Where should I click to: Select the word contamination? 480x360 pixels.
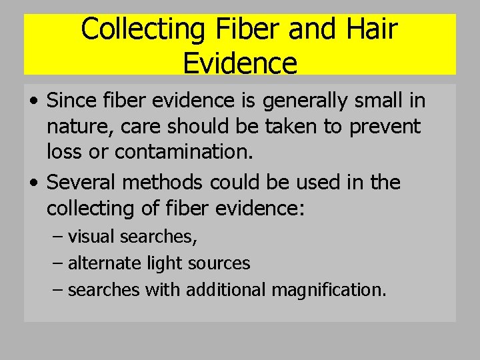click(184, 152)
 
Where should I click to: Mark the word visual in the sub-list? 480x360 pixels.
click(92, 237)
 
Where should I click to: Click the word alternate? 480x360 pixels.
click(104, 263)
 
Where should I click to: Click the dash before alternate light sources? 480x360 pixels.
click(58, 264)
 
